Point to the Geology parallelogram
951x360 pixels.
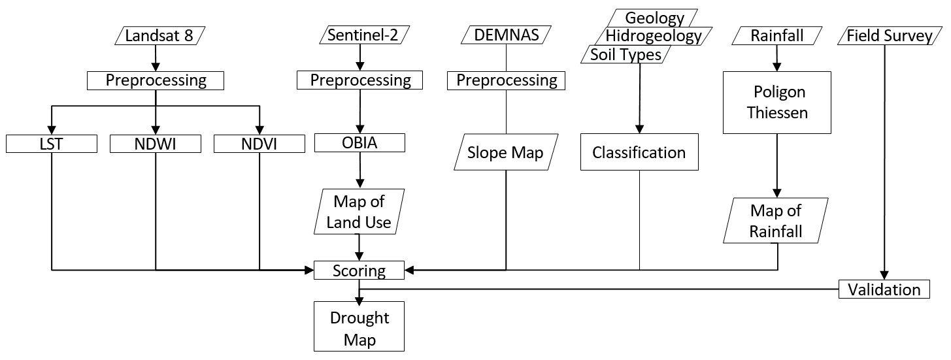(654, 18)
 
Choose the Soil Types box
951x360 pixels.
(626, 54)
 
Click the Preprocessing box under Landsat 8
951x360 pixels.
(156, 80)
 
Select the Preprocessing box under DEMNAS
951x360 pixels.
(507, 80)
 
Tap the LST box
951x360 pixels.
(51, 144)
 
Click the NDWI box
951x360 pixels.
(155, 144)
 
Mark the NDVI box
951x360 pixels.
(259, 144)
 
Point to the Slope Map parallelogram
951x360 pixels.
(505, 152)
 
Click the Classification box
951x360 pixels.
(639, 152)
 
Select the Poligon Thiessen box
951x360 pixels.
(776, 102)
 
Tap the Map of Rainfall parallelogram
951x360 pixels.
(776, 221)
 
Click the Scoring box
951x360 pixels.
(359, 270)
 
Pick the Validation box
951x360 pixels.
(884, 289)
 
